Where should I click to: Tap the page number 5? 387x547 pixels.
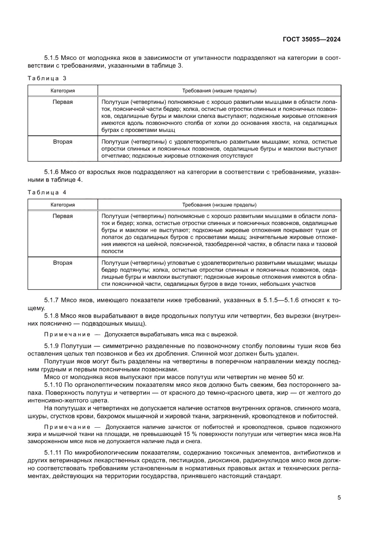tap(339, 497)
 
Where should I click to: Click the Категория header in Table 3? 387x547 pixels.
tap(63, 90)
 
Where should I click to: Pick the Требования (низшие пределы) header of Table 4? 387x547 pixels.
tap(219, 204)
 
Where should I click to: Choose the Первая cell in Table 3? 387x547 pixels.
tap(63, 102)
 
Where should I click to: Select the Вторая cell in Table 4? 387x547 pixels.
tap(63, 263)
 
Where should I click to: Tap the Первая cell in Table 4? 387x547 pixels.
tap(63, 216)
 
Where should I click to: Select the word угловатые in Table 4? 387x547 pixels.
tap(181, 263)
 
